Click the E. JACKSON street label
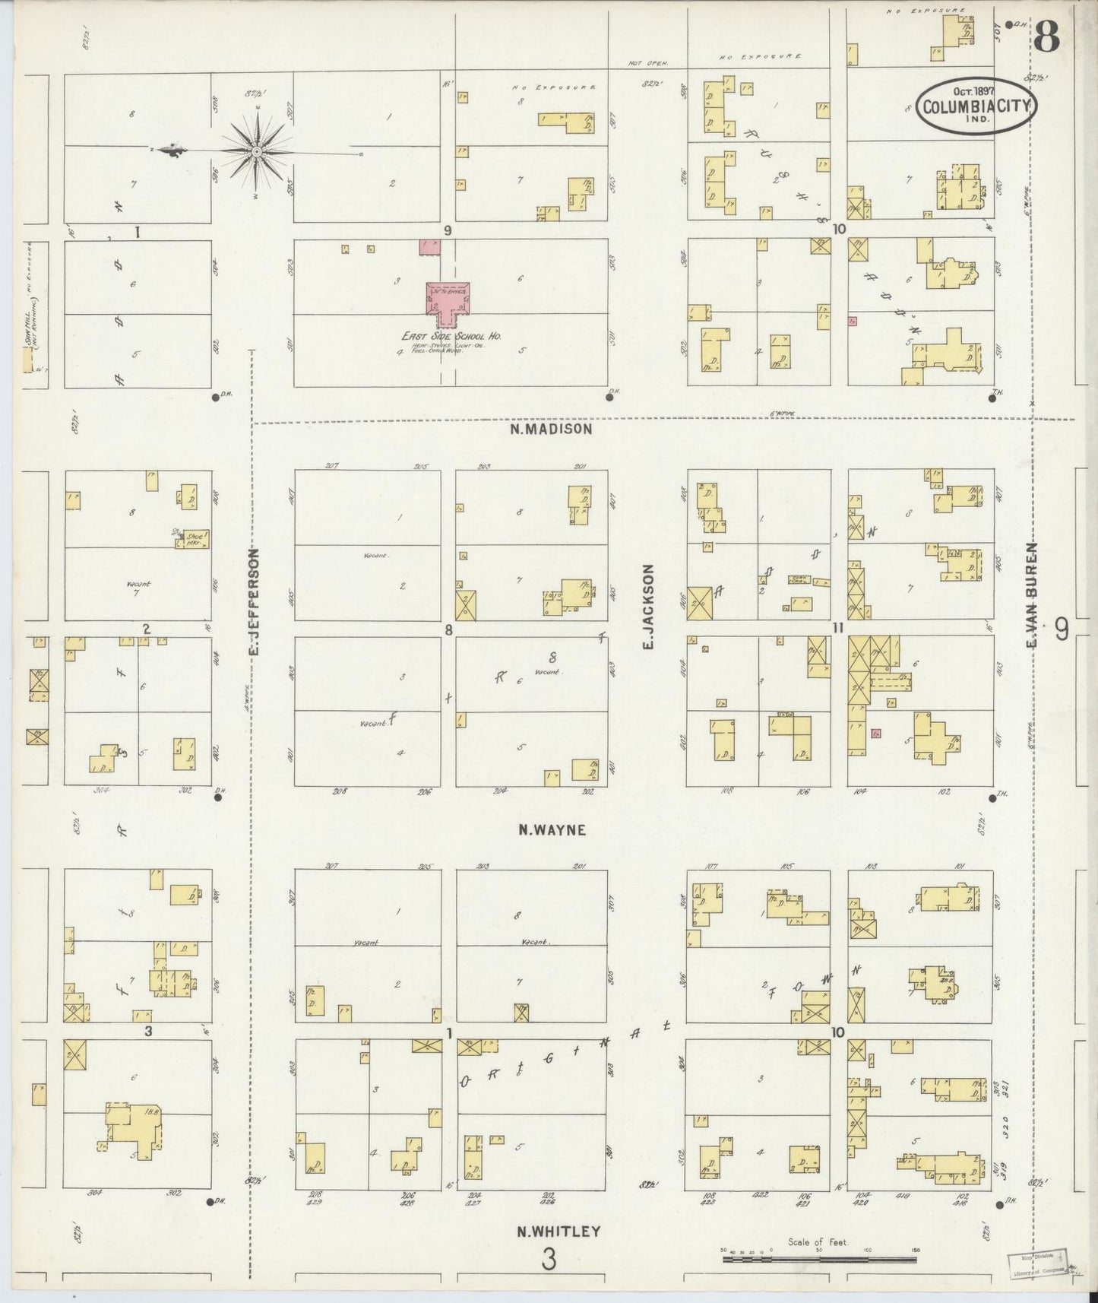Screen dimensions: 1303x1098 [x=648, y=606]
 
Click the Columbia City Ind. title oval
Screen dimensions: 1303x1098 [x=976, y=108]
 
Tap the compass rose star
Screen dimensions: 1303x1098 [x=258, y=152]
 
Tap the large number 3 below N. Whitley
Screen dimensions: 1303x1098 [x=549, y=1259]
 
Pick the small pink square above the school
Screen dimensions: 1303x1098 [x=429, y=247]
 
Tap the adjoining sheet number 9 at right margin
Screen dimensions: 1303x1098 [x=1061, y=630]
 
